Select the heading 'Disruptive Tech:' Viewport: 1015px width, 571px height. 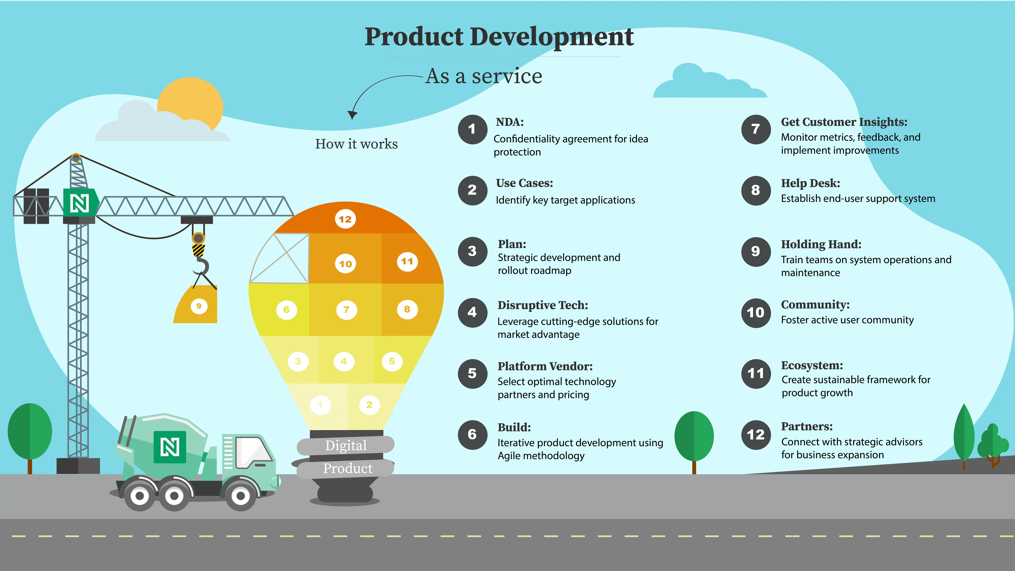tap(543, 305)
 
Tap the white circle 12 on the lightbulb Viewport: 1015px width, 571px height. tap(345, 219)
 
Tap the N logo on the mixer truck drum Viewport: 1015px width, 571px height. tap(170, 447)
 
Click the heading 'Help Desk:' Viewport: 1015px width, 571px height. tap(811, 183)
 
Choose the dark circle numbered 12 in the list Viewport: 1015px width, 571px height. tap(755, 435)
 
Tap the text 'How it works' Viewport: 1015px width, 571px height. tap(356, 144)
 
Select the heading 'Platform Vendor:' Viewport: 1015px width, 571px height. tap(545, 367)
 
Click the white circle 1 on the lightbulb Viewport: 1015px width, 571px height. tap(320, 405)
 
